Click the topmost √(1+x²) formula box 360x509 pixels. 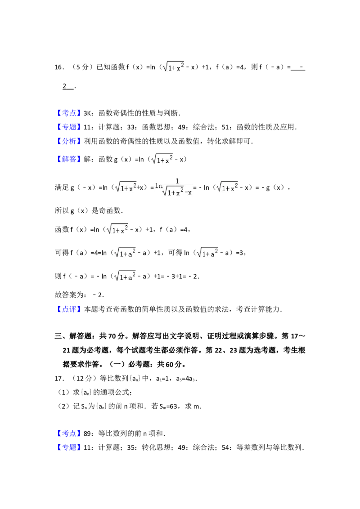[x=175, y=67]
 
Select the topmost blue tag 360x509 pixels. [x=70, y=113]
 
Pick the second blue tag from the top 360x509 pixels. [x=70, y=127]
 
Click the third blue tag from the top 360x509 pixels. [x=70, y=142]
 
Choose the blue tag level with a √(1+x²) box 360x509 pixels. [x=70, y=160]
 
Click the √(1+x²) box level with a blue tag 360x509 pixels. [x=162, y=159]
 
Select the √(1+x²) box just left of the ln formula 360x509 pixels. [x=125, y=187]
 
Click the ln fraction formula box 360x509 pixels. [x=173, y=187]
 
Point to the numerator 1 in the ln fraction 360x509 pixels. [x=177, y=181]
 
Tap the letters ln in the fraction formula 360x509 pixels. [x=158, y=185]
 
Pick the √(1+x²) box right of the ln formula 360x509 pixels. [x=228, y=187]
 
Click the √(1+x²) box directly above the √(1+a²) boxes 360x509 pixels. [x=117, y=230]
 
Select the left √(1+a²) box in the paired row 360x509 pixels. [x=124, y=252]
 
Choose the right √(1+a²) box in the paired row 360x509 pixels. [x=207, y=252]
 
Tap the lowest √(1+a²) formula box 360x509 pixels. [x=124, y=277]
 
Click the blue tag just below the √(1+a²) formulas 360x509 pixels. [x=70, y=308]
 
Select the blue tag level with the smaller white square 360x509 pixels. [x=70, y=433]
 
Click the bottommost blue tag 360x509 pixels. [x=70, y=447]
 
